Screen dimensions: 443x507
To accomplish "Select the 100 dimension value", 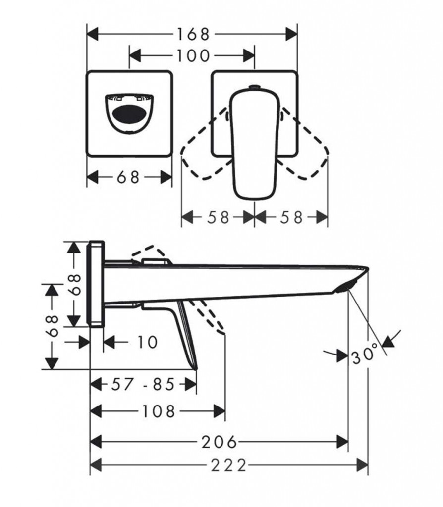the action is (x=193, y=55).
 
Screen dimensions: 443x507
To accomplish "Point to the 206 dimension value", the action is (x=219, y=442).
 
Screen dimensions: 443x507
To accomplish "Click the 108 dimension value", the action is (x=159, y=411).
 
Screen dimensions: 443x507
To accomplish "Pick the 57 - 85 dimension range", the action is (x=143, y=384).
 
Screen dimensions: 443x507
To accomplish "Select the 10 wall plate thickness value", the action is (x=148, y=342).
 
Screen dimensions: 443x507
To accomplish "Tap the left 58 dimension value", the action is (x=218, y=217).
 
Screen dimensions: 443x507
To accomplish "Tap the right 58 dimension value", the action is (x=291, y=217).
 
